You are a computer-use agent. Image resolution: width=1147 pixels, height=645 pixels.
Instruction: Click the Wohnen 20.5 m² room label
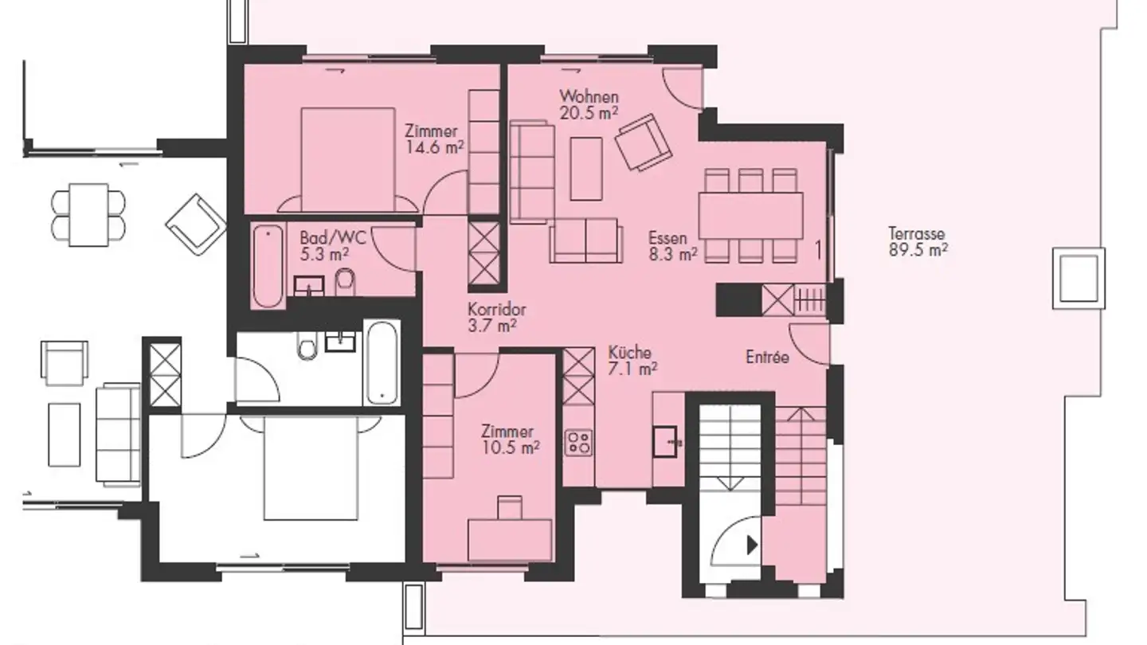pos(589,104)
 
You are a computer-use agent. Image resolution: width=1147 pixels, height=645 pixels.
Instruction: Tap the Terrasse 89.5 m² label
pos(918,241)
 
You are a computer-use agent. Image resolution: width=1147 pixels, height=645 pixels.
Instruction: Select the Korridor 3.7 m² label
pos(496,317)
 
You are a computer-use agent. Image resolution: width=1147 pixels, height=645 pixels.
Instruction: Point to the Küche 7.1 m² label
pos(632,360)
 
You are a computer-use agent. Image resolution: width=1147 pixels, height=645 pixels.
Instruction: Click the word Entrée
pos(767,358)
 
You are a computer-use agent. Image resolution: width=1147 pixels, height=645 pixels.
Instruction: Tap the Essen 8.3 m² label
pos(672,245)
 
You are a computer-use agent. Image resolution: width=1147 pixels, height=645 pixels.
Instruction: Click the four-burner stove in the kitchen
pos(578,442)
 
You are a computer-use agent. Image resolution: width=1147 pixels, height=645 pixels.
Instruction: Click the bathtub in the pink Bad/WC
pos(268,266)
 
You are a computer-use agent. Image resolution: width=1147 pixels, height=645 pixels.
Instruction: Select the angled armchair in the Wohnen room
pos(644,142)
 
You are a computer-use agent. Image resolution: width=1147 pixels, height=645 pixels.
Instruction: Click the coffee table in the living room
pos(585,168)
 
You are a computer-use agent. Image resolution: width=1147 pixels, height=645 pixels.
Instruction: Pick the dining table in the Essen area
pos(750,215)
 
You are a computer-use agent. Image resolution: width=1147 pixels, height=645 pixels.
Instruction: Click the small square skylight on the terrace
pos(1078,277)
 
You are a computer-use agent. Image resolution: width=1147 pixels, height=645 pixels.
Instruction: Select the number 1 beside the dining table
pos(818,250)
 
